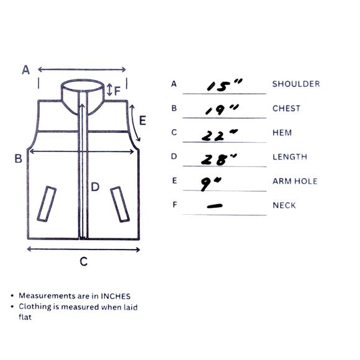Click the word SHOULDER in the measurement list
pyautogui.click(x=296, y=84)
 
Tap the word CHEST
pyautogui.click(x=286, y=109)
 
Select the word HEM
pyautogui.click(x=282, y=133)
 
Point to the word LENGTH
pyautogui.click(x=290, y=157)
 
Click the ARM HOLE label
pyautogui.click(x=295, y=181)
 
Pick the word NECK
pyautogui.click(x=284, y=205)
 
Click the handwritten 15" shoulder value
pyautogui.click(x=224, y=85)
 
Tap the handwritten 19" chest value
pyautogui.click(x=222, y=110)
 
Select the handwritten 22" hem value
pyautogui.click(x=220, y=135)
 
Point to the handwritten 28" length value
pyautogui.click(x=219, y=160)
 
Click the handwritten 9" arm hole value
pyautogui.click(x=210, y=184)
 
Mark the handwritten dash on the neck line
pyautogui.click(x=215, y=206)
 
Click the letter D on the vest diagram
pyautogui.click(x=95, y=187)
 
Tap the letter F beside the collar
pyautogui.click(x=117, y=91)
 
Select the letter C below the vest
pyautogui.click(x=84, y=261)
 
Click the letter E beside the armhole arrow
pyautogui.click(x=143, y=120)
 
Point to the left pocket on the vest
pyautogui.click(x=47, y=204)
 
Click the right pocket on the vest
pyautogui.click(x=120, y=204)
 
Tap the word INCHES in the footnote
pyautogui.click(x=115, y=296)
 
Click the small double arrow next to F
pyautogui.click(x=110, y=89)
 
